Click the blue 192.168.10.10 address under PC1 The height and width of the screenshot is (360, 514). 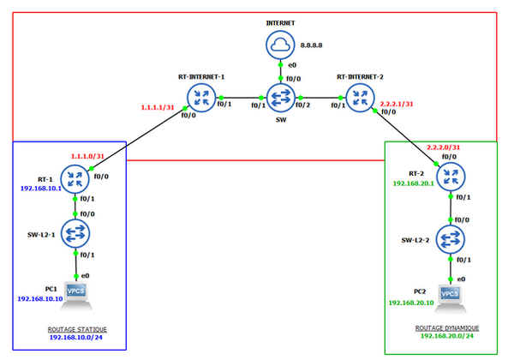pyautogui.click(x=41, y=299)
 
